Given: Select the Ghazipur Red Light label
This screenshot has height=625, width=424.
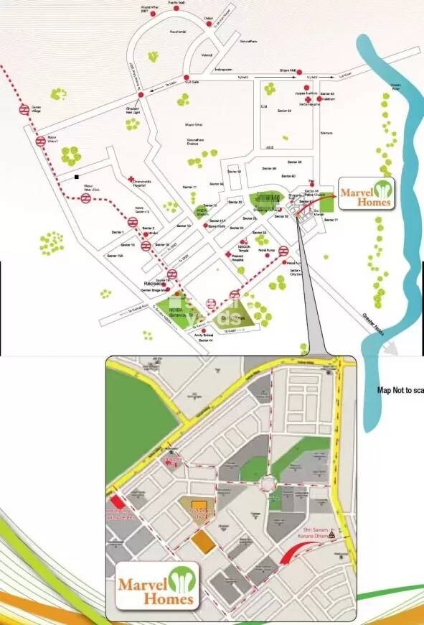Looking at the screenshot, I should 133,110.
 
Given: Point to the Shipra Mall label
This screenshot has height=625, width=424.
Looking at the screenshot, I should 288,70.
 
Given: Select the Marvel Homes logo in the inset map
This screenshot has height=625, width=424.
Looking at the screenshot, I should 156,584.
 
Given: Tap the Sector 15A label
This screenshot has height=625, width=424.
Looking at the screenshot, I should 114,256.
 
